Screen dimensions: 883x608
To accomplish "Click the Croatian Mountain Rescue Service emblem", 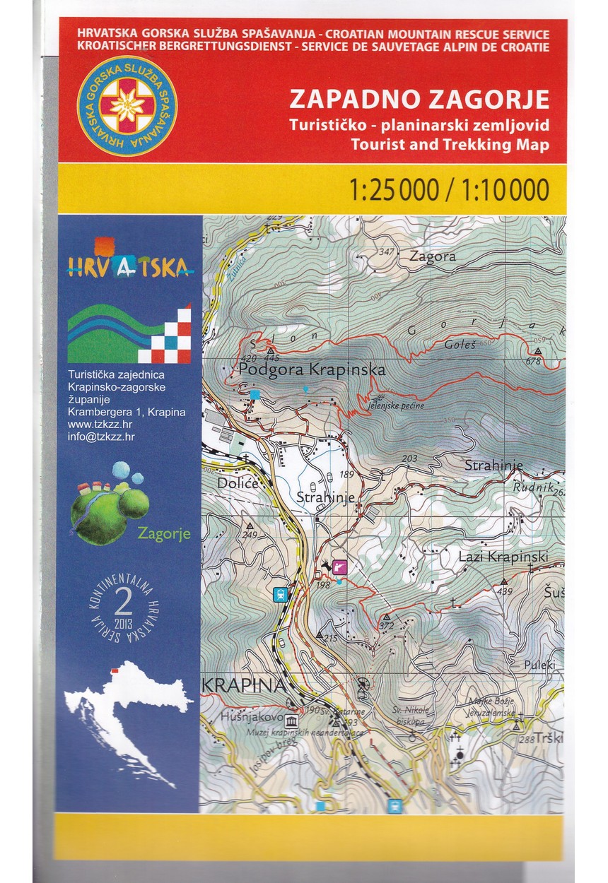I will (127, 106).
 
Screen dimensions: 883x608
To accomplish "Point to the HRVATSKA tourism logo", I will (128, 259).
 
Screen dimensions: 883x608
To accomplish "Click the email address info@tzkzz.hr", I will (101, 437).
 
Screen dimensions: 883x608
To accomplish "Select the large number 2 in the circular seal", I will (126, 603).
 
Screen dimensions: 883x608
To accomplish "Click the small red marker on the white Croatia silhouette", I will (113, 671).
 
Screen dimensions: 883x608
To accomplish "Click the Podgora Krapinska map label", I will (312, 369).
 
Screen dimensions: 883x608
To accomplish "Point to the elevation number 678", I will (533, 362).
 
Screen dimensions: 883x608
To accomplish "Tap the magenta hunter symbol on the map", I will (340, 565).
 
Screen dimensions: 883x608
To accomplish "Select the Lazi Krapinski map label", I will (503, 557).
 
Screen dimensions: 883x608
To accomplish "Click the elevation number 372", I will (386, 625).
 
